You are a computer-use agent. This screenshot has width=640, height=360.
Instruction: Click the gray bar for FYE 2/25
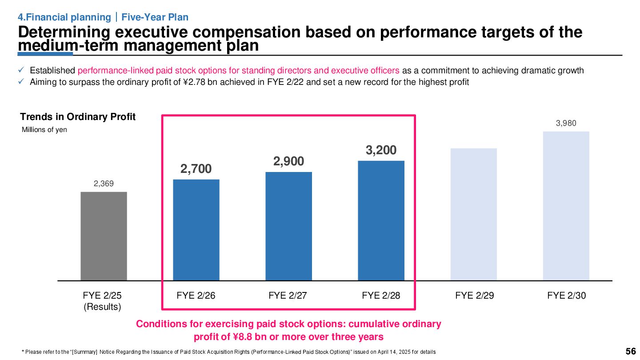click(x=104, y=236)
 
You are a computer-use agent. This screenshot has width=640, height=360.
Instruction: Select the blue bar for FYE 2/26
click(x=196, y=230)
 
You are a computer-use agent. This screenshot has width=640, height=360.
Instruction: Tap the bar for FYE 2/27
click(x=288, y=226)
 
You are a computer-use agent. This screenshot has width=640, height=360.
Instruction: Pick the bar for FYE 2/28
click(x=381, y=220)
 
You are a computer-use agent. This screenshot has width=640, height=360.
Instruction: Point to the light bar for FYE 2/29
click(x=474, y=214)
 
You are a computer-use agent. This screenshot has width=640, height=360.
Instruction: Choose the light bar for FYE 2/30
click(x=566, y=206)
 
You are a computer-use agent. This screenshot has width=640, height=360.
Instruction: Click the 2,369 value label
click(x=104, y=183)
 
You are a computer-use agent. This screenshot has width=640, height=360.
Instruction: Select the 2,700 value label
click(x=196, y=169)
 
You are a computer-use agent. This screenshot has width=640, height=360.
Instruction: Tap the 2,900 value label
click(x=288, y=161)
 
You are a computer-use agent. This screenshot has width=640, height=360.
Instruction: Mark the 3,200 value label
click(x=381, y=150)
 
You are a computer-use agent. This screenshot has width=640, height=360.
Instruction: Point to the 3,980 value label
click(x=566, y=123)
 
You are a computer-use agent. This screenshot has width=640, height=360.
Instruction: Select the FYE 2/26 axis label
click(x=196, y=296)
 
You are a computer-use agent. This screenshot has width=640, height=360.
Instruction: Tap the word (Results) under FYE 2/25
click(x=103, y=307)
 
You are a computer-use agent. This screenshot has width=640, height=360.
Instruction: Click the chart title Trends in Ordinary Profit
click(x=78, y=117)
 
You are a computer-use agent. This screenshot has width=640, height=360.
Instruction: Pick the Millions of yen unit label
click(x=44, y=130)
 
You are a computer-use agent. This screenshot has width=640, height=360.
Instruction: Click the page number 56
click(x=631, y=351)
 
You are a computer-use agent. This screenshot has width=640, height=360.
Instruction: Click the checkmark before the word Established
click(x=21, y=71)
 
